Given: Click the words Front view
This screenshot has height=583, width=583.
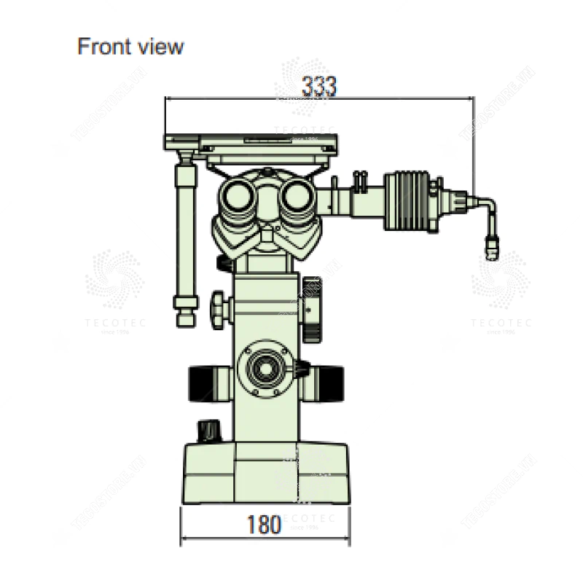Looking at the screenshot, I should (x=130, y=47).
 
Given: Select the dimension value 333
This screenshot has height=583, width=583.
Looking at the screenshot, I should (x=319, y=86).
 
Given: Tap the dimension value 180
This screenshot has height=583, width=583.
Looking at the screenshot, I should (x=263, y=524).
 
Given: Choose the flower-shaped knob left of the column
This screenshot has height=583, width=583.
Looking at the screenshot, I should (x=219, y=305).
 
